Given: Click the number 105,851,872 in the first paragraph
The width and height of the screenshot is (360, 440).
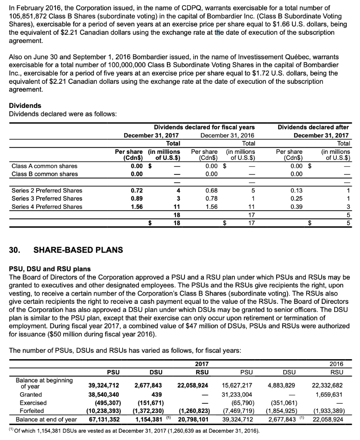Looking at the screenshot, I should click(28, 16).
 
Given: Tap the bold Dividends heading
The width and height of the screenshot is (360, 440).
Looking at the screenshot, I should click(25, 105).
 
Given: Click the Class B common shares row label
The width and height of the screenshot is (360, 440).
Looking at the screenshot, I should click(45, 174).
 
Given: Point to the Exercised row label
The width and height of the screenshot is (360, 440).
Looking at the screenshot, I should click(33, 403).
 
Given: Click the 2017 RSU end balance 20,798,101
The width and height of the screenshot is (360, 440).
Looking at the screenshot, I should click(193, 419).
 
